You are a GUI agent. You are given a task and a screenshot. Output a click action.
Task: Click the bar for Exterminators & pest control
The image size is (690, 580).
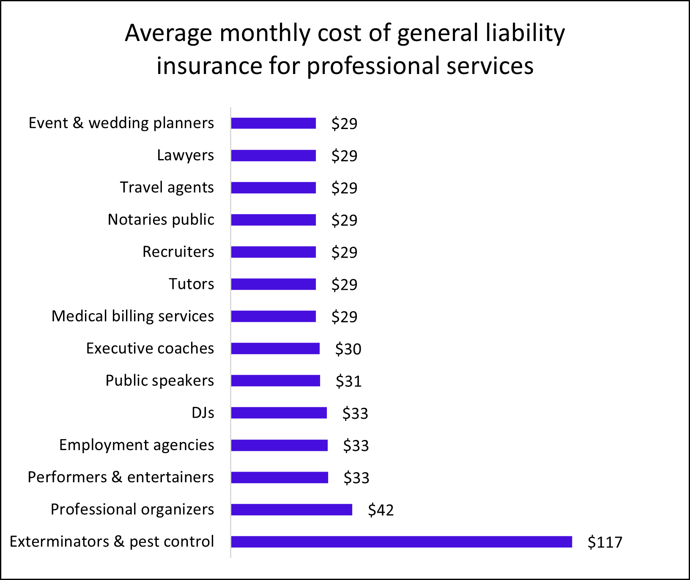coord(401,542)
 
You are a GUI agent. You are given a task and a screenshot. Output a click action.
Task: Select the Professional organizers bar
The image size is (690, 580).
coord(291,509)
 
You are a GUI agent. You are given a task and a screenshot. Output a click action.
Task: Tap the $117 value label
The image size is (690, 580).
coord(605,542)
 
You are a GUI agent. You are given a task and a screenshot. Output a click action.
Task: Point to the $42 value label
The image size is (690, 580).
coord(381,510)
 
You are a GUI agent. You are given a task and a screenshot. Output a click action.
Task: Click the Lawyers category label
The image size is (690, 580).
coord(185,155)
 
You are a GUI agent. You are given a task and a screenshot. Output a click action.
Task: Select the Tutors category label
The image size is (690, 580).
coord(191,284)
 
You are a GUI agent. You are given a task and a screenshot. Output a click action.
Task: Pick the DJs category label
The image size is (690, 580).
coord(203,412)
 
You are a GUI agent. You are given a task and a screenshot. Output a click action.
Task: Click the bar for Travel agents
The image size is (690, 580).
coord(273,187)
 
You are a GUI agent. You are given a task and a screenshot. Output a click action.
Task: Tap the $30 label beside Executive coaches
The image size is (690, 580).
coord(348,349)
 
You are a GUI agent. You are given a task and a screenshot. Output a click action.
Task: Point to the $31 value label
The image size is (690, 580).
coord(348,381)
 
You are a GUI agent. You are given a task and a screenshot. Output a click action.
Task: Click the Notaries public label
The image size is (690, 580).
coord(161,220)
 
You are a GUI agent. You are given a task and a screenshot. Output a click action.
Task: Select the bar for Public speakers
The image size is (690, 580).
coord(275,381)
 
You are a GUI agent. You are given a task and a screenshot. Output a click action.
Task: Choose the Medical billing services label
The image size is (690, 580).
coord(132,316)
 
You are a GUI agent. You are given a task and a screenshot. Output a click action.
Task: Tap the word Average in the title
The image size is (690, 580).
coord(168,33)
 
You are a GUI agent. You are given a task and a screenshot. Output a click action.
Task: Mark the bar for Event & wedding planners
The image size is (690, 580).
coord(273,123)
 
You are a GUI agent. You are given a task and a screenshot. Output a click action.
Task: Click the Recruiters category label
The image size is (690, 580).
coord(178,252)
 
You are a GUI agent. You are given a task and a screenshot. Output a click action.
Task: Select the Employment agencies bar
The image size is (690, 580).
coord(279,445)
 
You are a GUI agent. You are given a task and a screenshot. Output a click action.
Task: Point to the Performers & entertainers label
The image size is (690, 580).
coord(120,477)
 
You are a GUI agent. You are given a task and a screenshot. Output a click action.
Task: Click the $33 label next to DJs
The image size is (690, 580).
coord(355,413)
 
